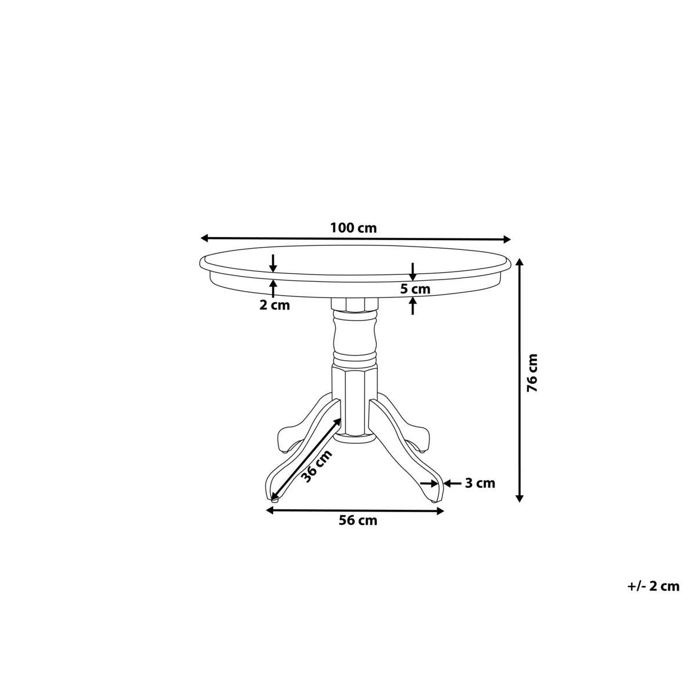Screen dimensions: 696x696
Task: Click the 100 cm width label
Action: pos(353,228)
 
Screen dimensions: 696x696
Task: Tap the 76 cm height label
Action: pos(532,373)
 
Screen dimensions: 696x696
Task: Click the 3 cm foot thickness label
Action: pos(480,483)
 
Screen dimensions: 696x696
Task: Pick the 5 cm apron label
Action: pos(415,289)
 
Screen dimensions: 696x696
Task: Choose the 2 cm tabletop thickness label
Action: pos(274,306)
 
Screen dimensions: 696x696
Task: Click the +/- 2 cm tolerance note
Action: pos(652,586)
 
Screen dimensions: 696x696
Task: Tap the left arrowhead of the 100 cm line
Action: pos(205,238)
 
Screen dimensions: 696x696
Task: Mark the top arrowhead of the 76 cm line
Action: pos(520,262)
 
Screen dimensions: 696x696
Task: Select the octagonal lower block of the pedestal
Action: pos(354,400)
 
